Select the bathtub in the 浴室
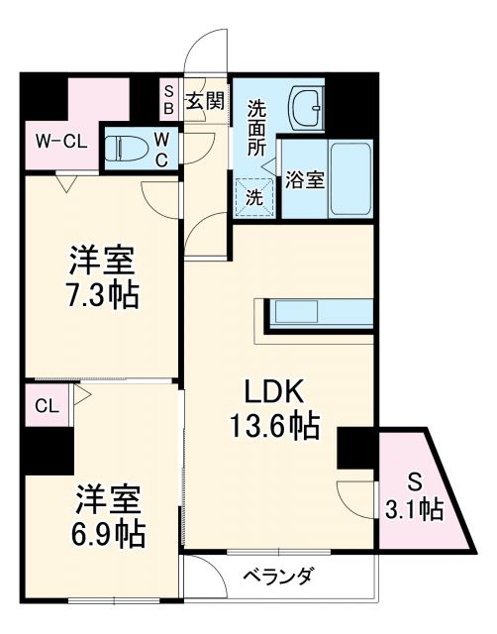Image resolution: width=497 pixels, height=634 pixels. point(349,180)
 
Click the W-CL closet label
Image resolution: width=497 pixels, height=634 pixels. point(61,141)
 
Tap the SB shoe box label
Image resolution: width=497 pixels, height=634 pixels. point(168,99)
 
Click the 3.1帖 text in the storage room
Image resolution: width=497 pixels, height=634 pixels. point(417,510)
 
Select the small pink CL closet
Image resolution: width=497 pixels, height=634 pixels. point(47,405)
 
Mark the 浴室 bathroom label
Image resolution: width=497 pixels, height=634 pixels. point(304,181)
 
